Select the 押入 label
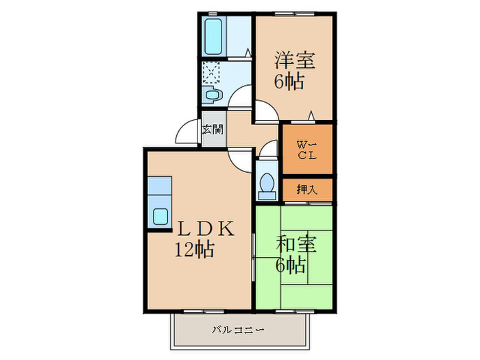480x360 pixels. click(x=306, y=189)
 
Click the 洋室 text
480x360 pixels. click(x=295, y=60)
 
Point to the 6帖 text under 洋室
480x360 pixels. click(x=290, y=81)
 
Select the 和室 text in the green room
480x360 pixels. click(x=296, y=244)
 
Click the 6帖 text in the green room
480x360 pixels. click(x=291, y=264)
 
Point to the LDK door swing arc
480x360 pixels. click(x=240, y=160)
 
